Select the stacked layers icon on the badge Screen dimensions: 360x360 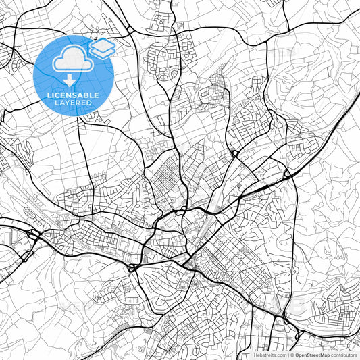(x=103, y=48)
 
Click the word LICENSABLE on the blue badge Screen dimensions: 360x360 (x=73, y=95)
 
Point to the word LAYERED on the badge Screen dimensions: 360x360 (x=73, y=103)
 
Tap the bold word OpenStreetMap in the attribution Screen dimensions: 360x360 (x=311, y=354)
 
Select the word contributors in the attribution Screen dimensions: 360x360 (x=344, y=354)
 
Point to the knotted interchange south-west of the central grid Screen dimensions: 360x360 (x=131, y=267)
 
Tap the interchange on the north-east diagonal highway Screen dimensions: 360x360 (x=288, y=174)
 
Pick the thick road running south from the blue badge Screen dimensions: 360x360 (x=79, y=155)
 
